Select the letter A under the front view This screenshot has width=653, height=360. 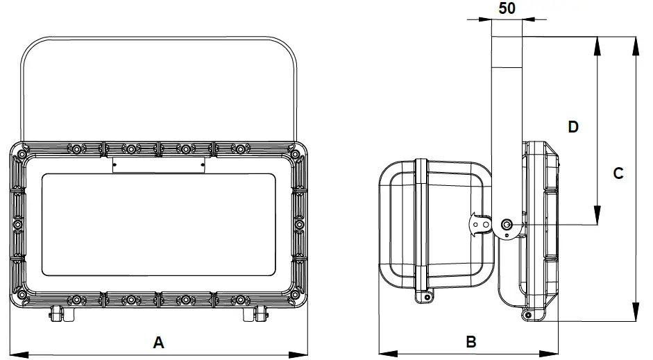pos(158,342)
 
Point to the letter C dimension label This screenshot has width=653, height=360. pos(618,173)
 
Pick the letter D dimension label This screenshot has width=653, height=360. pos(573,127)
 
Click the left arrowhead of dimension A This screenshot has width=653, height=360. pos(15,354)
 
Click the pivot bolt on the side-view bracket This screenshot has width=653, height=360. pos(507,224)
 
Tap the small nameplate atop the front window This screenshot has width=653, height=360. pos(159,165)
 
